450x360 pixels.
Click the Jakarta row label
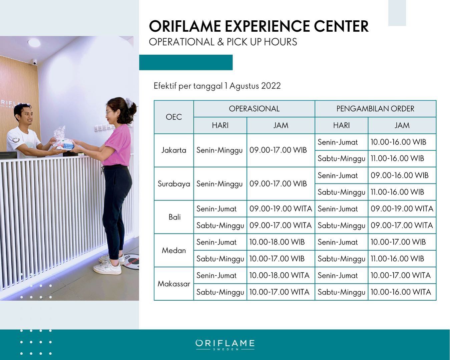[x=173, y=150]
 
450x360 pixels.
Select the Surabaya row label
[x=174, y=184]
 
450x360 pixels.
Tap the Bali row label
[x=174, y=217]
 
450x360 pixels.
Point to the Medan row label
[x=174, y=250]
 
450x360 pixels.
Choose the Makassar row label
[x=174, y=284]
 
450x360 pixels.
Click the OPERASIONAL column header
[x=254, y=109]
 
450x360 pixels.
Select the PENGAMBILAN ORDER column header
[x=375, y=109]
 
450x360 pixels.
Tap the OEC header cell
[x=173, y=117]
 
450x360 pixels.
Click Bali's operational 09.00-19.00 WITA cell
[x=281, y=209]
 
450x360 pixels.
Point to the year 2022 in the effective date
[x=271, y=86]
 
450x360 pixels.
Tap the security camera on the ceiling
[x=34, y=62]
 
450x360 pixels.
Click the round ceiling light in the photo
[x=34, y=43]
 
